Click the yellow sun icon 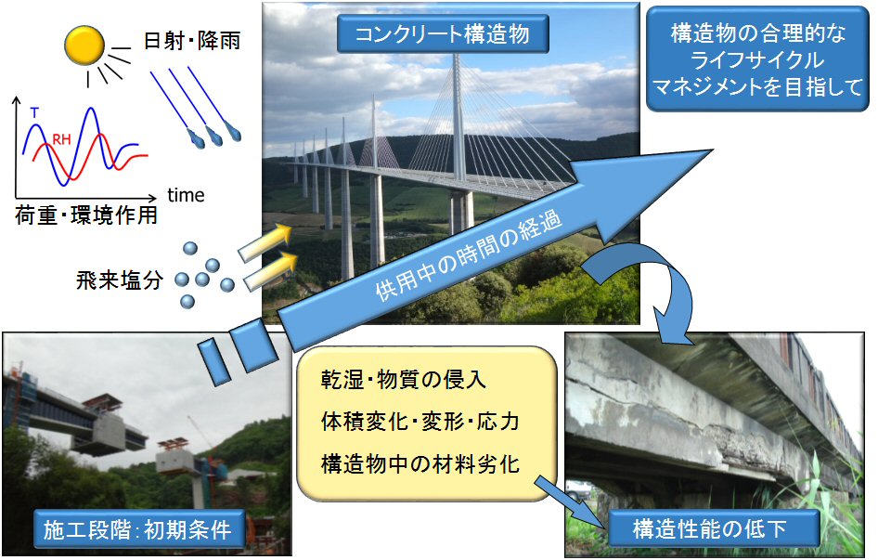(x=84, y=46)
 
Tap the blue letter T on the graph (x=34, y=112)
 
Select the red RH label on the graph (x=61, y=139)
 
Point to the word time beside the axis (x=186, y=195)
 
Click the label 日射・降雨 (x=192, y=40)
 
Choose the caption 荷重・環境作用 (x=86, y=215)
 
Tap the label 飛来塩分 (x=120, y=280)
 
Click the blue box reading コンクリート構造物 (x=443, y=34)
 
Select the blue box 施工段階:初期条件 (x=138, y=529)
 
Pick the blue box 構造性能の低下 (x=709, y=528)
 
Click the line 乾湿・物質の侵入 (x=403, y=380)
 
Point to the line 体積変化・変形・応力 (x=420, y=421)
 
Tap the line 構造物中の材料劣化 (x=420, y=463)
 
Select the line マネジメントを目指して (x=757, y=87)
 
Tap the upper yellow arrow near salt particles (x=265, y=242)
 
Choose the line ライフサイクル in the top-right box (x=757, y=60)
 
